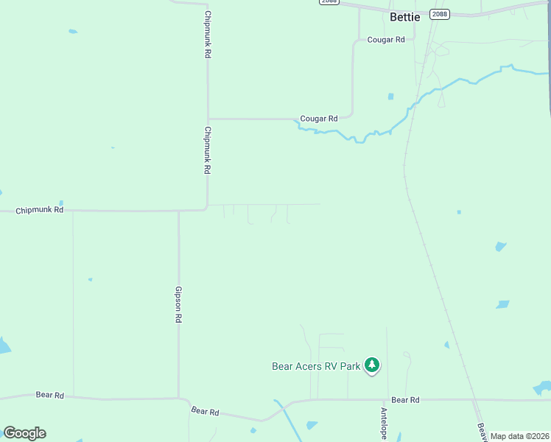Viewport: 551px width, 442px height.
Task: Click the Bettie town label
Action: point(404,16)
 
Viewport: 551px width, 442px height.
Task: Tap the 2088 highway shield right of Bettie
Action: point(441,14)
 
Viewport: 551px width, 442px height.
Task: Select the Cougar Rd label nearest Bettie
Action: point(386,40)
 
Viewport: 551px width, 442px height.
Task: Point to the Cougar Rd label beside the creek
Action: point(318,119)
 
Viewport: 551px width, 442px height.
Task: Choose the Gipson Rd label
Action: point(178,305)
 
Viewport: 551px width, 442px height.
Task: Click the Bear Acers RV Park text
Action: point(316,366)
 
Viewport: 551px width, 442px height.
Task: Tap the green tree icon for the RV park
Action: point(373,365)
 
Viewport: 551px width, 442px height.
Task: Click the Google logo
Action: point(24,432)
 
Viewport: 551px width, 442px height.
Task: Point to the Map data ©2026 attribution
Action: point(520,436)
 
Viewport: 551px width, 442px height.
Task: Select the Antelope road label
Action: point(384,424)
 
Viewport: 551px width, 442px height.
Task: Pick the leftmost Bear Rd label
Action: point(50,396)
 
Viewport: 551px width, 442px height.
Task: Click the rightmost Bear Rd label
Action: point(405,400)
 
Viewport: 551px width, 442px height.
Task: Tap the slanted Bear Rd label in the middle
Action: point(205,411)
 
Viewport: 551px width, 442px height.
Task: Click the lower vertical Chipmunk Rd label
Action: point(208,150)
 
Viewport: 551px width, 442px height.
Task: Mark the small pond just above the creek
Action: point(390,97)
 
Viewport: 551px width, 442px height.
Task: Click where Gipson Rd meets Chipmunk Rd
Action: point(179,211)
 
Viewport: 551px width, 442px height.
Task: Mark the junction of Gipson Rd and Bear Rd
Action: point(179,399)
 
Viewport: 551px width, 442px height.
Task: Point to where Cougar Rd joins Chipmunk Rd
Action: point(208,118)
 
